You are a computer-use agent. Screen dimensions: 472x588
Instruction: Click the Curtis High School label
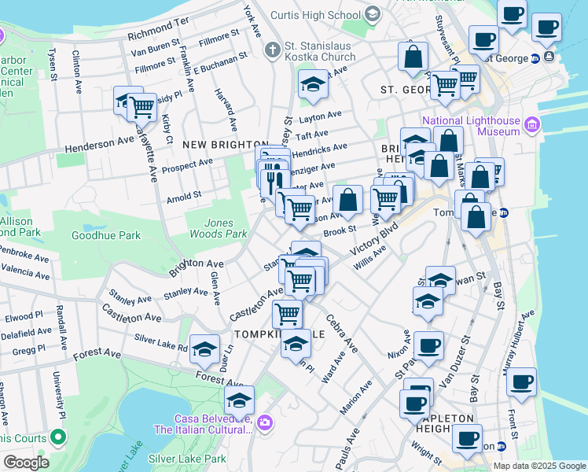316,15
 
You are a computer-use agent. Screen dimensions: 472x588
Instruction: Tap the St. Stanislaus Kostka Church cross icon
272,50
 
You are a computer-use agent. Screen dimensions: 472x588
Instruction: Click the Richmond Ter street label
158,35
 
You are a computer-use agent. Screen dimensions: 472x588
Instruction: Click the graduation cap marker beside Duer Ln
204,349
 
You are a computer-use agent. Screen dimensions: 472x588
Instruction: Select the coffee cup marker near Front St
521,383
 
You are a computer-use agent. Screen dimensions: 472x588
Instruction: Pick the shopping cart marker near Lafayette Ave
142,106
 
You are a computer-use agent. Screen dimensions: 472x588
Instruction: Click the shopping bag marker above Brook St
347,201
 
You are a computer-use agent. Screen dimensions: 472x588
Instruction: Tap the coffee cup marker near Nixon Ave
428,346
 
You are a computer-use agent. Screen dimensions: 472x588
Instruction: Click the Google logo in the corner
25,463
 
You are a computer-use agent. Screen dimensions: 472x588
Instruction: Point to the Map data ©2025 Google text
538,466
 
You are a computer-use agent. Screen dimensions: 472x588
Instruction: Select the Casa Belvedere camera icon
264,423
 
